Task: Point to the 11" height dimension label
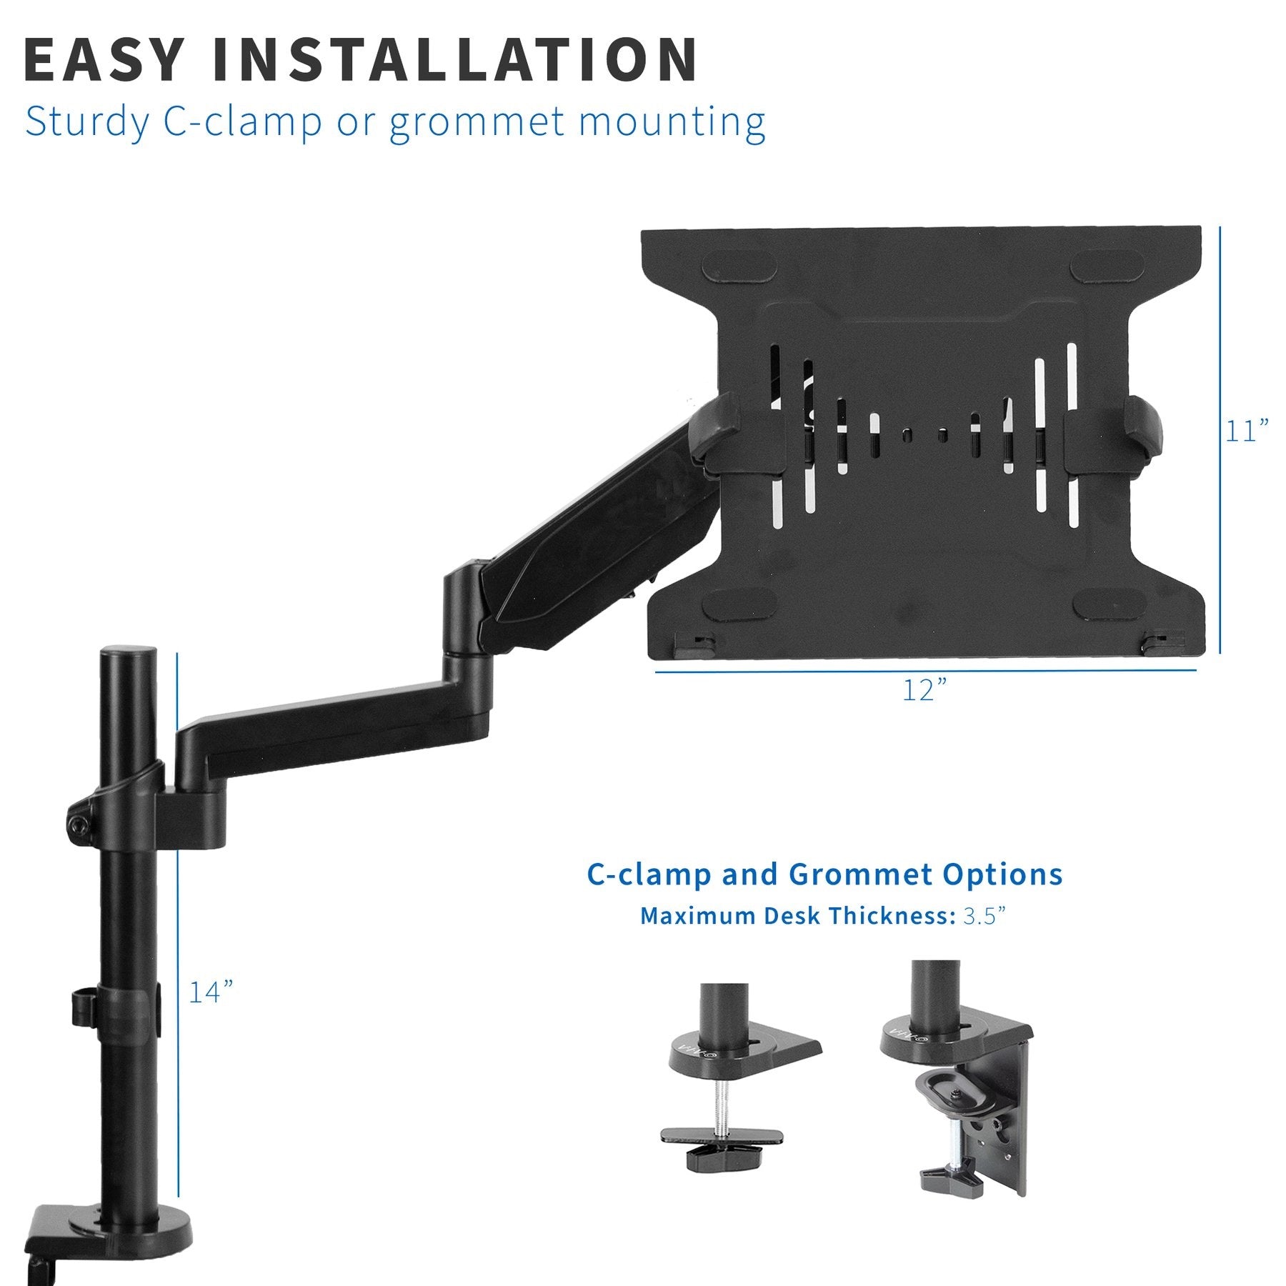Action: coord(1247,432)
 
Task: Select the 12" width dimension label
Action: coord(924,691)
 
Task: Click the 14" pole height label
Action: coord(211,992)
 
